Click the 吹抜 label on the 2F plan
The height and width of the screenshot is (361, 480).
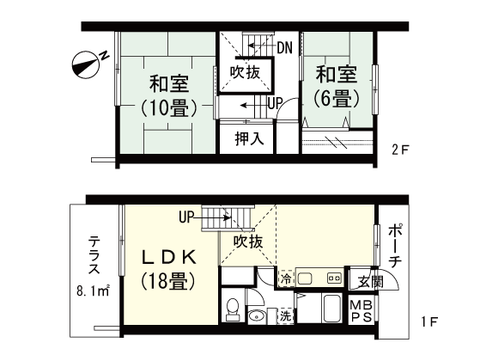pos(246,72)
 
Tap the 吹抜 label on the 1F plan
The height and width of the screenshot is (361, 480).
pos(247,242)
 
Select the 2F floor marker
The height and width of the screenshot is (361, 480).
pos(400,150)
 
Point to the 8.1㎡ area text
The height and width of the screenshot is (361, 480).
pos(93,291)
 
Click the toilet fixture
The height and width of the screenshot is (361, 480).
pos(229,308)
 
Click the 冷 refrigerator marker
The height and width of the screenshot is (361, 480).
pos(285,279)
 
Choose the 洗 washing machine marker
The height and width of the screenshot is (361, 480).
pos(285,316)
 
